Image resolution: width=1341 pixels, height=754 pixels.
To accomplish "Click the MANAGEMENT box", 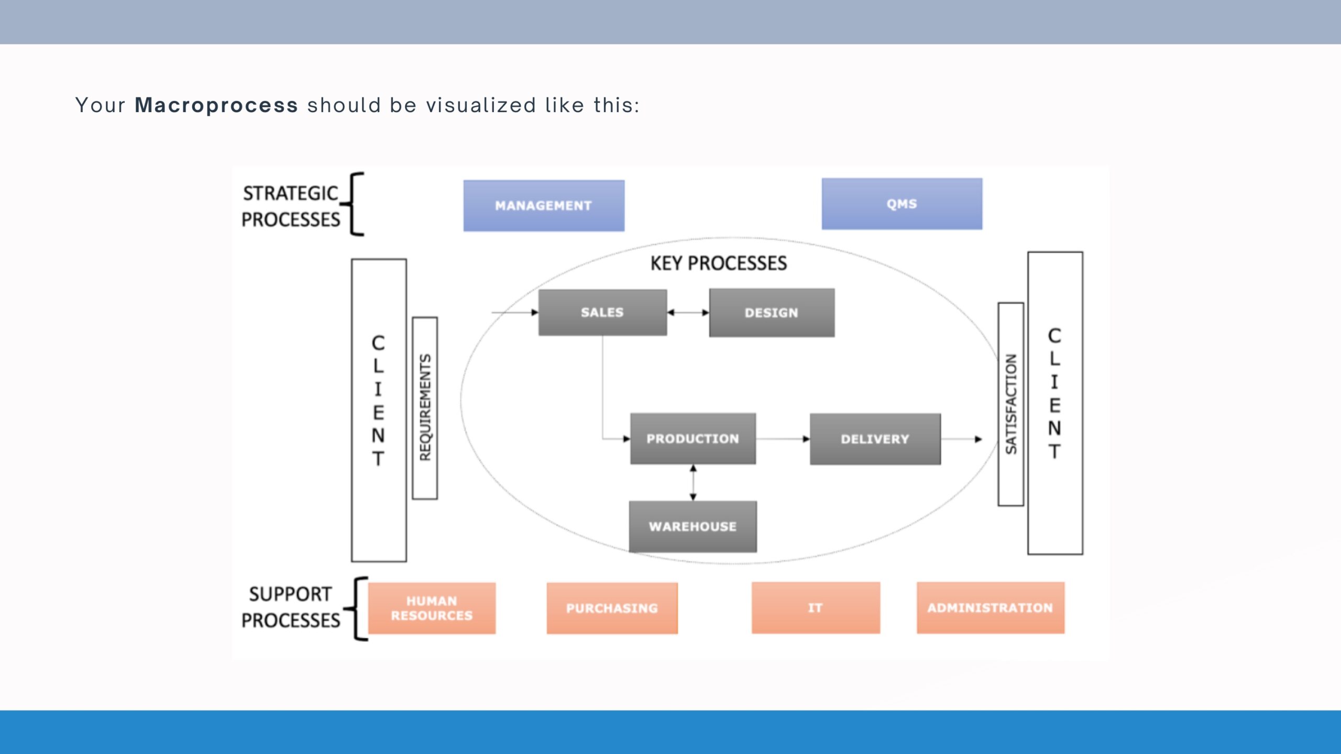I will [543, 206].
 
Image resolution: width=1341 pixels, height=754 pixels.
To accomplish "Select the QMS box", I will [902, 204].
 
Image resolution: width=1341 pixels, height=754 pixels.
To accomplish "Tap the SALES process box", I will [602, 313].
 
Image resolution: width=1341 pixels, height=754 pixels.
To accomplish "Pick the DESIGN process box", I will [772, 313].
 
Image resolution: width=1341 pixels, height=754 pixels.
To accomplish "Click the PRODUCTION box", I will [693, 439].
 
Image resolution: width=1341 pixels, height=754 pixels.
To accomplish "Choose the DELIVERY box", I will [875, 439].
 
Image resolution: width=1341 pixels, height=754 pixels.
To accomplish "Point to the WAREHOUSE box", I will [693, 526].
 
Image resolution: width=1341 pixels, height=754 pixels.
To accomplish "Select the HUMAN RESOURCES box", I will [432, 608].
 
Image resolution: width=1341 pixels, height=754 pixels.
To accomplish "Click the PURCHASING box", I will [612, 608].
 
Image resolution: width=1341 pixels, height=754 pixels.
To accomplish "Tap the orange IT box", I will [815, 608].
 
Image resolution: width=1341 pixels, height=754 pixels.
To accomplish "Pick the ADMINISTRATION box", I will [990, 608].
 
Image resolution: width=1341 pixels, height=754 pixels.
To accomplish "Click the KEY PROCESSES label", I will [718, 263].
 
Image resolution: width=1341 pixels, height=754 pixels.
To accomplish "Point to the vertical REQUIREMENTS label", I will [425, 408].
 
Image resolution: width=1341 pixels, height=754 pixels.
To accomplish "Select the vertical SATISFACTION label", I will [1010, 404].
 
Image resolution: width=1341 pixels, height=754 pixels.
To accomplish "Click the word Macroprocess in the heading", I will [216, 105].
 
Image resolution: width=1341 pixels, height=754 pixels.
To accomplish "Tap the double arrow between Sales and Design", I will [688, 313].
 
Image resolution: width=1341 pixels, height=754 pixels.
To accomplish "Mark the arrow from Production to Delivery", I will [783, 439].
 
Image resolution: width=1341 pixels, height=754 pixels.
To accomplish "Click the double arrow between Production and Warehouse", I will [693, 482].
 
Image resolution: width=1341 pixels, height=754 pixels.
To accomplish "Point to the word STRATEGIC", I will [290, 193].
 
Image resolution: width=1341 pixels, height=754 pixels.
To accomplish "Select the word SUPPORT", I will [290, 594].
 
